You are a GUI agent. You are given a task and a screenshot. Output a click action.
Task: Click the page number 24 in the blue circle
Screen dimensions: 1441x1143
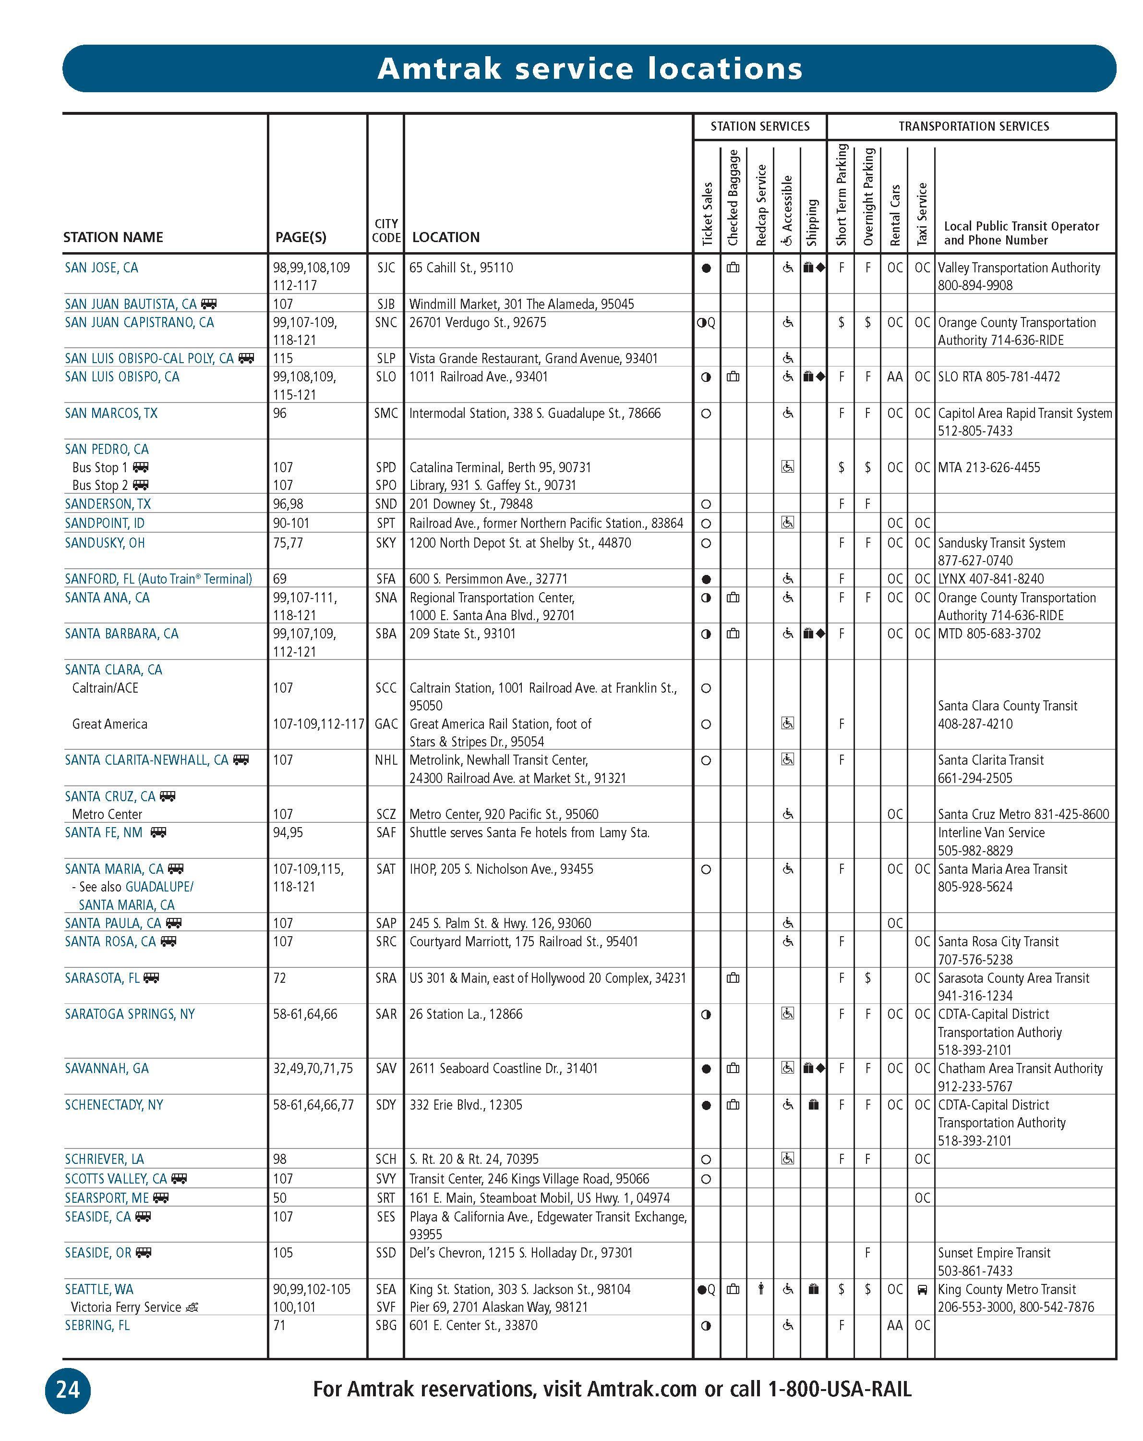[68, 1390]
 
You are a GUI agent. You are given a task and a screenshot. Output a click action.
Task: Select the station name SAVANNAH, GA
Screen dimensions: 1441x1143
[107, 1069]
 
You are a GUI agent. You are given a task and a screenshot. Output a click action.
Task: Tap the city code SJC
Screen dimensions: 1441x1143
[385, 268]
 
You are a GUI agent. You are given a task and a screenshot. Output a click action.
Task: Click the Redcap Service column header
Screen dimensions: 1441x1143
[760, 205]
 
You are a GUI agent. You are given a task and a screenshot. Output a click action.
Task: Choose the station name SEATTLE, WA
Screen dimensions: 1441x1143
[99, 1289]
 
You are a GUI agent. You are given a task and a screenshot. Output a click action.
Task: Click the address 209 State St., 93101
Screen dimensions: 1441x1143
[462, 634]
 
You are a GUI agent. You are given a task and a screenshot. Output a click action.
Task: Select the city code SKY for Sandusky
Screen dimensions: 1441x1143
[385, 543]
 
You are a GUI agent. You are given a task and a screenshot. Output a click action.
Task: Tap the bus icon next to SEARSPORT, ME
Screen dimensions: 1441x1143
[161, 1198]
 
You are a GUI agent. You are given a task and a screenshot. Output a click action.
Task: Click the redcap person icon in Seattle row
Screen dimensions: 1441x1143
[760, 1289]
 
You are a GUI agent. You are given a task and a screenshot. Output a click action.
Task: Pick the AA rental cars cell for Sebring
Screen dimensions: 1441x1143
[894, 1325]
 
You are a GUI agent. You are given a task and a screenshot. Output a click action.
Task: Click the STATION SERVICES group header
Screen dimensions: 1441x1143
[759, 126]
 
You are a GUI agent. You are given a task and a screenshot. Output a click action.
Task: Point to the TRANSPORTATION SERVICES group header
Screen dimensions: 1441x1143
[974, 126]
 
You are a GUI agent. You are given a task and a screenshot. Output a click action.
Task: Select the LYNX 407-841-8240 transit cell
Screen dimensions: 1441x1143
[991, 579]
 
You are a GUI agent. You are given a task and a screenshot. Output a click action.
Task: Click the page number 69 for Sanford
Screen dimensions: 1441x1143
[279, 579]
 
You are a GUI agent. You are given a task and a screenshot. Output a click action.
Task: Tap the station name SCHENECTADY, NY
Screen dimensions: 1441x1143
[114, 1105]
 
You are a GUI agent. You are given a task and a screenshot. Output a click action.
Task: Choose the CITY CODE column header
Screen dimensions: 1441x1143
[386, 231]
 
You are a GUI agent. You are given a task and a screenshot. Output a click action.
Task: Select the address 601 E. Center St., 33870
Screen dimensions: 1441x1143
[473, 1325]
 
